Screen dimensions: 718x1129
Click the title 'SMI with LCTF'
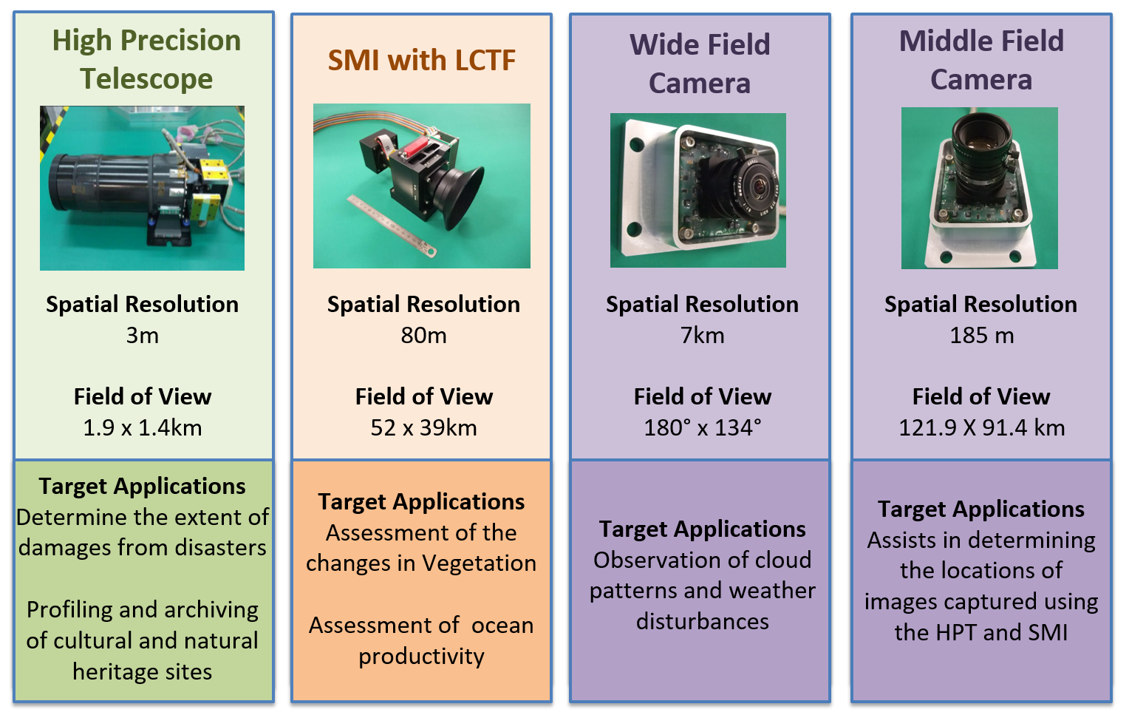click(421, 61)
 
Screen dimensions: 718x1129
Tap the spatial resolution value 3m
click(142, 336)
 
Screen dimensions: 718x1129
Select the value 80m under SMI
click(423, 336)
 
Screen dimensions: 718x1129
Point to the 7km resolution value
click(702, 336)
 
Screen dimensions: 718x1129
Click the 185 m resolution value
click(981, 336)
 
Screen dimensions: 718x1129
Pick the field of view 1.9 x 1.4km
click(142, 428)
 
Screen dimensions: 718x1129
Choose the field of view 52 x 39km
click(423, 428)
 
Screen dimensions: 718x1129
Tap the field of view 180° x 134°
click(702, 428)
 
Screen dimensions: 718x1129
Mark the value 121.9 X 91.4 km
click(981, 428)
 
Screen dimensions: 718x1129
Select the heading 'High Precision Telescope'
click(146, 59)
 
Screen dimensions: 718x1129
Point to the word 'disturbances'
click(702, 622)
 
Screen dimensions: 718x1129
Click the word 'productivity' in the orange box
click(421, 657)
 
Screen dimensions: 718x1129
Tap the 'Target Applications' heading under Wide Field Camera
click(702, 529)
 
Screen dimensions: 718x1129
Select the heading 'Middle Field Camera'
click(981, 60)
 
